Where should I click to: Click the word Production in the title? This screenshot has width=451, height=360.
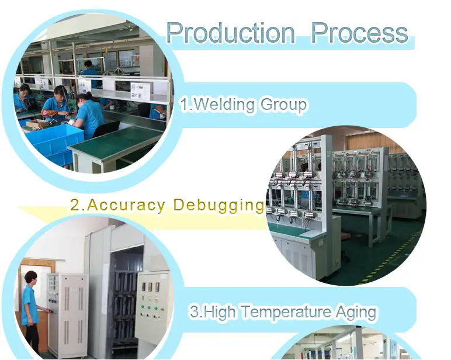[231, 33]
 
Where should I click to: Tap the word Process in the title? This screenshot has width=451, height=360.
[359, 33]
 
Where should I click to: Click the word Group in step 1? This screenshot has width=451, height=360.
[283, 106]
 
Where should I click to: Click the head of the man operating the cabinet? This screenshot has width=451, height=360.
[30, 277]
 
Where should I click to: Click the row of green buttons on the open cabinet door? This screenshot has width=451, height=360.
[149, 308]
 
